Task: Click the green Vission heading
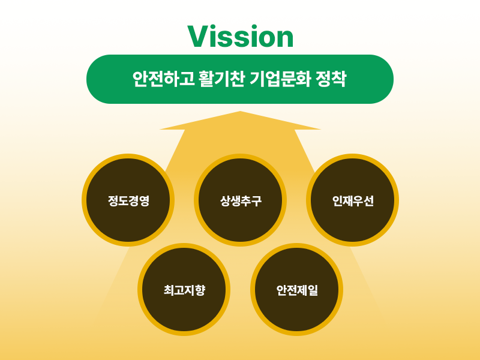point(241,37)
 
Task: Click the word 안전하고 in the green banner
point(163,79)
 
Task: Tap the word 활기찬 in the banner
point(221,79)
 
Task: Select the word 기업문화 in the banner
point(280,79)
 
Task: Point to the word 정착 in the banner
point(331,79)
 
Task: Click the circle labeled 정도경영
point(128,200)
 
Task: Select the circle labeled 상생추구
point(241,200)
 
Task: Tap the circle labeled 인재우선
point(352,200)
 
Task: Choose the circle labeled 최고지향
point(184,290)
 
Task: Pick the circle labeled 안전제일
point(296,290)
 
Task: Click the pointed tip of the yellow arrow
point(241,111)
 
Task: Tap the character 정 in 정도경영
point(113,201)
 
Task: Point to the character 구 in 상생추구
point(257,201)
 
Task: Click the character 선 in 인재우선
point(368,201)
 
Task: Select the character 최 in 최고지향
point(169,290)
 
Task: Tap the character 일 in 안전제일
point(313,290)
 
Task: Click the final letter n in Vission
point(284,38)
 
